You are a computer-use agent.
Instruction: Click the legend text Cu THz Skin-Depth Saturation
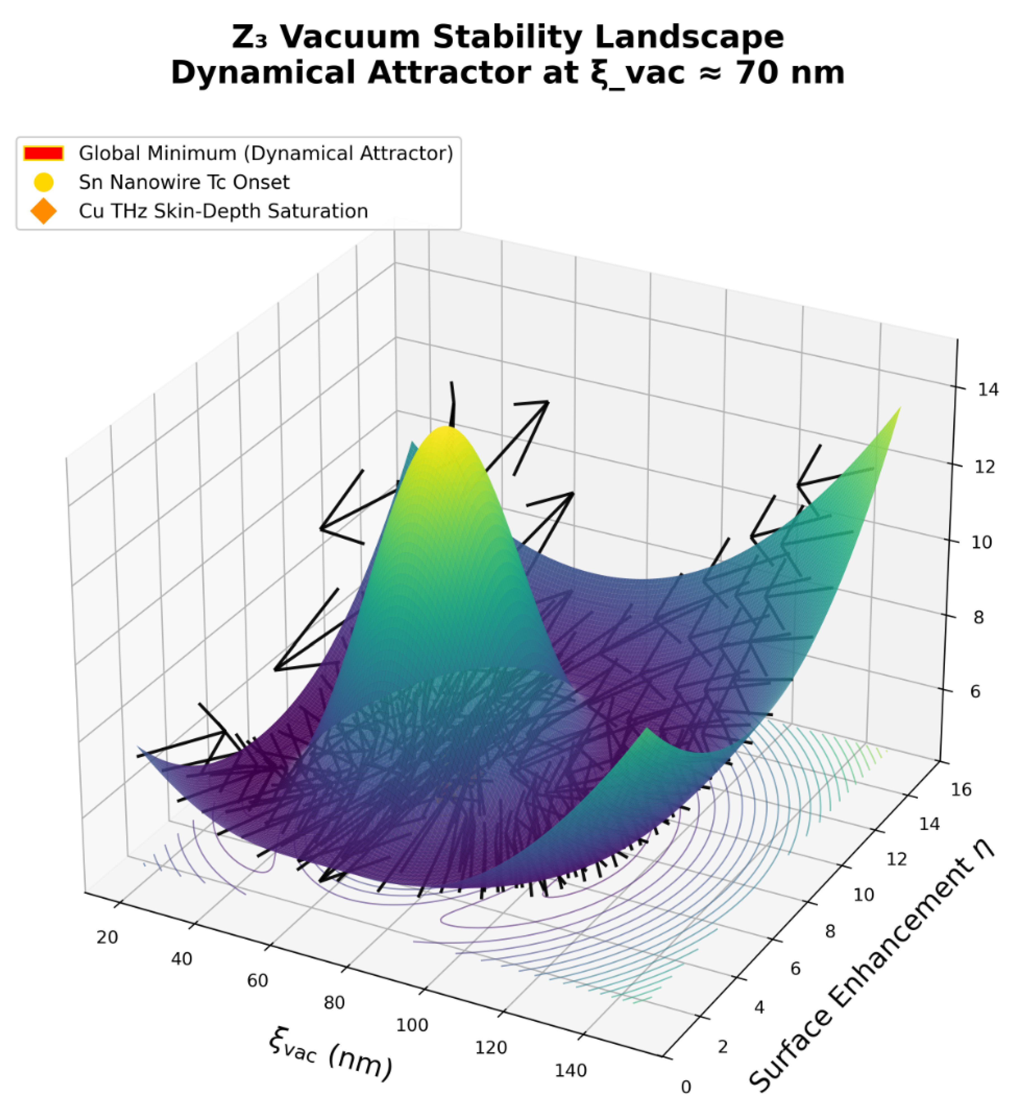pos(223,211)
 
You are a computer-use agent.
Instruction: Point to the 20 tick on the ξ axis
pos(107,938)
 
